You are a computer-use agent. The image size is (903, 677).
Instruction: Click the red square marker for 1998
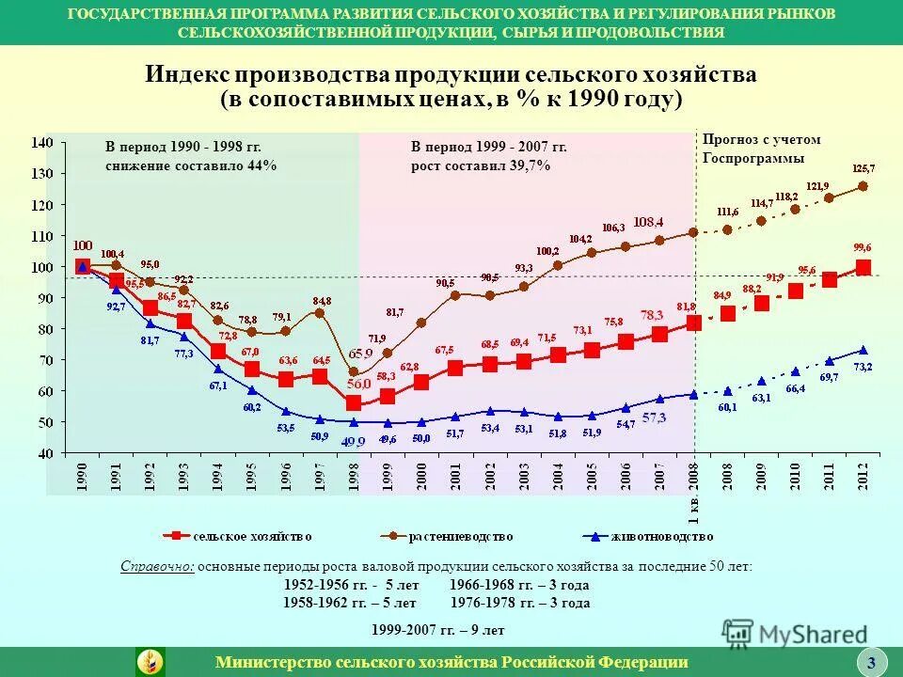[353, 402]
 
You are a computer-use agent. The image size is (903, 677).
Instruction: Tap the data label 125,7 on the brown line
[863, 168]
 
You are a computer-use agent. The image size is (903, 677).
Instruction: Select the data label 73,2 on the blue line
[863, 367]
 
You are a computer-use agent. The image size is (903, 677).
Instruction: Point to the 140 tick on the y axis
[43, 142]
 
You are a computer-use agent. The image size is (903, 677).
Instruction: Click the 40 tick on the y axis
[45, 453]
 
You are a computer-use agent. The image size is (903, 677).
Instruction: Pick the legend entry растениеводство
[451, 536]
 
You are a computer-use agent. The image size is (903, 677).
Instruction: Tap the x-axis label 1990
[83, 475]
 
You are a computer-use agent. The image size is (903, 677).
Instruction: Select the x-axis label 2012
[863, 475]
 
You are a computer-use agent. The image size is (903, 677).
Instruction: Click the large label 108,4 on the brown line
[649, 222]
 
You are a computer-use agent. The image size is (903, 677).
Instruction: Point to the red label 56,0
[358, 384]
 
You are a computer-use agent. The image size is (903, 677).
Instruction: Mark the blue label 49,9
[353, 441]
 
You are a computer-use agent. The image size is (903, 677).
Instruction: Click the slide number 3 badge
[871, 663]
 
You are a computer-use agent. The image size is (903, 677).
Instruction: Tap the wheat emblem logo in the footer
[150, 662]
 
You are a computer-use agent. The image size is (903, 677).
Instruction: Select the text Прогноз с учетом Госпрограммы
[761, 149]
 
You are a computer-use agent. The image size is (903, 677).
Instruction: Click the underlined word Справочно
[157, 567]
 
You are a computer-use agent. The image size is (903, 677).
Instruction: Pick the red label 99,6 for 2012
[863, 246]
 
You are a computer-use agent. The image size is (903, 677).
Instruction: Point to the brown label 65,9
[361, 354]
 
